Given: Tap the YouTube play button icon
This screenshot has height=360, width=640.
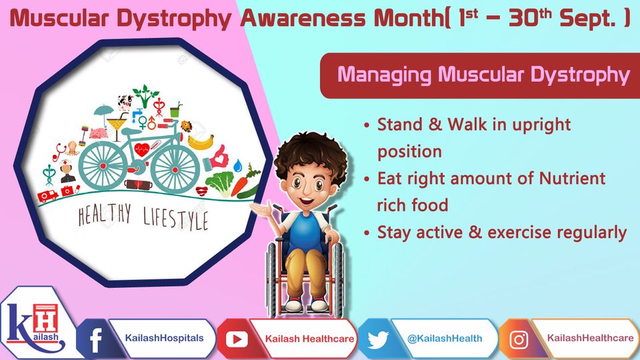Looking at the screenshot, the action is [x=237, y=339].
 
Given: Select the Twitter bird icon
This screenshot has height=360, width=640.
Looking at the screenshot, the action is [x=377, y=339].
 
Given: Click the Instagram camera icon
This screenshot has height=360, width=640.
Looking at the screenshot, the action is [x=519, y=339].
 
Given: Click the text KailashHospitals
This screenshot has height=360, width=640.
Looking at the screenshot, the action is [x=164, y=339].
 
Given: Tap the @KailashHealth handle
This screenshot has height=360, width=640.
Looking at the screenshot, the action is [x=445, y=339].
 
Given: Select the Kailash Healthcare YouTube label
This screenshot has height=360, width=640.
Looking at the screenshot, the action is [x=310, y=339].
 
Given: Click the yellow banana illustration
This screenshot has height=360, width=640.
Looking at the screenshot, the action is [x=201, y=142].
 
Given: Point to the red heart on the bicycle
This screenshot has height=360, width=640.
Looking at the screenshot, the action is [x=141, y=150].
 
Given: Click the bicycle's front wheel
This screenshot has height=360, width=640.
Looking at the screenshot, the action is [x=175, y=169].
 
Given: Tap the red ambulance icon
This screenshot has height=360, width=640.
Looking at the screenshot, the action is [x=48, y=196].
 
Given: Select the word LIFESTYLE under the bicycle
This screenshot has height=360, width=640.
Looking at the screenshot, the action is [x=175, y=219].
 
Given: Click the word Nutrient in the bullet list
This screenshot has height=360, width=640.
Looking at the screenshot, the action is [x=572, y=179].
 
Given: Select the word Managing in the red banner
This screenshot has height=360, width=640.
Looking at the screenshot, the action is [x=384, y=75].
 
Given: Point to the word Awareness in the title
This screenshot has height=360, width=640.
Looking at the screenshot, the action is [x=303, y=19].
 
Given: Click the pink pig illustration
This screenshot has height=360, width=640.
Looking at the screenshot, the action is [x=99, y=133].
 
